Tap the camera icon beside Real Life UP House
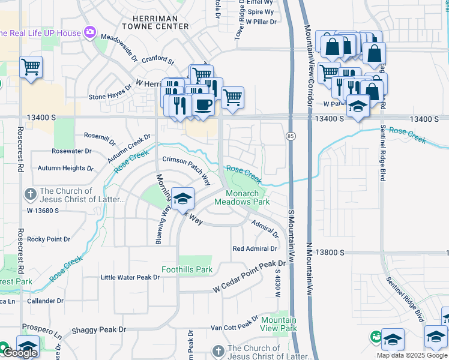[90, 32]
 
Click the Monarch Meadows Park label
[250, 197]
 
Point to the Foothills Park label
[187, 269]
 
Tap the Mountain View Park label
[279, 324]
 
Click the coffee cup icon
[202, 104]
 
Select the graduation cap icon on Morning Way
[182, 199]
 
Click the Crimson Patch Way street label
[187, 170]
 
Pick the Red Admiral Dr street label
[255, 248]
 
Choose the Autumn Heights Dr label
[65, 169]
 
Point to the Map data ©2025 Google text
[412, 355]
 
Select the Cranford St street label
[154, 61]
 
